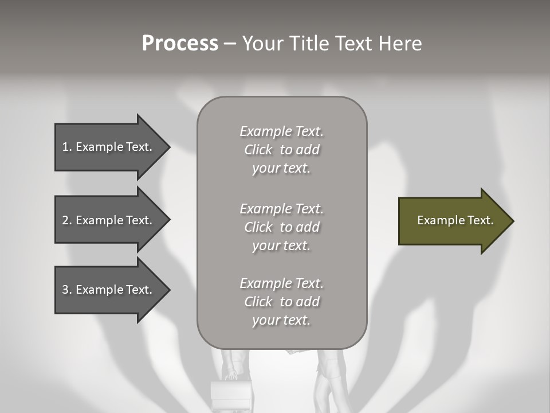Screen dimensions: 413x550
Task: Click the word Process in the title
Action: point(180,44)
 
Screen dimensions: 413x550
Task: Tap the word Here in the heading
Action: point(400,44)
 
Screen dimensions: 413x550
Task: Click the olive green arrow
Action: point(453,221)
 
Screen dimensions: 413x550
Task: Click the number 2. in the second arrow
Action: point(66,220)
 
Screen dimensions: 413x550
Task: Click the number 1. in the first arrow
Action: point(66,147)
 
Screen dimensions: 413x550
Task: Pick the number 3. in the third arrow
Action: point(66,290)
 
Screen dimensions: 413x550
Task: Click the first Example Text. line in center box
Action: point(281,131)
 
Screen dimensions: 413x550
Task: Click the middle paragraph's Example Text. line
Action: point(281,209)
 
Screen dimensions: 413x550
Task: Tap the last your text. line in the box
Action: point(281,320)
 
